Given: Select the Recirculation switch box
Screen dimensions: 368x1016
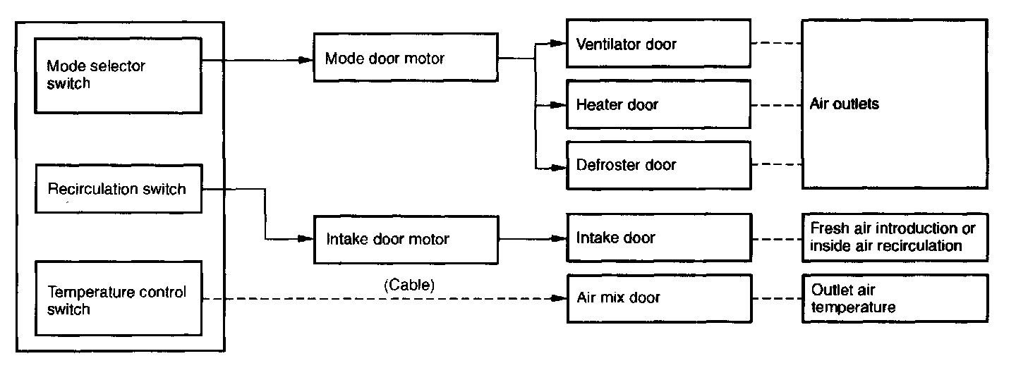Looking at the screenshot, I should (x=119, y=189).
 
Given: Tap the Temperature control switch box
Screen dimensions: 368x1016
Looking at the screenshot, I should (x=119, y=299).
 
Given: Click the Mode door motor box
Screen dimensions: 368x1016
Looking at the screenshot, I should (x=406, y=59).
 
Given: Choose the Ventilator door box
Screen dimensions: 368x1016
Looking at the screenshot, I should (x=658, y=44).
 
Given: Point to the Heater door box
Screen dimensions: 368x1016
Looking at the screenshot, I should (x=658, y=105).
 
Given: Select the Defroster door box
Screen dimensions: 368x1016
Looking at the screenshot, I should (x=658, y=165).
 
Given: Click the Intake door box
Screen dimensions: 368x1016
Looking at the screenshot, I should (x=658, y=238).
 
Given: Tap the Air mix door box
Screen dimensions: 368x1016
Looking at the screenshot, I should (x=658, y=298).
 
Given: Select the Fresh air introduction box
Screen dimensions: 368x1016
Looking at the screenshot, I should (x=894, y=238).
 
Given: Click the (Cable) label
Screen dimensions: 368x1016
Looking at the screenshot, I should (x=409, y=285).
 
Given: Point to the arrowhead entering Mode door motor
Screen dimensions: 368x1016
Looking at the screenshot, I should (x=306, y=60).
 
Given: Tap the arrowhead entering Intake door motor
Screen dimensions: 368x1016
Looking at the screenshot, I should (x=306, y=239).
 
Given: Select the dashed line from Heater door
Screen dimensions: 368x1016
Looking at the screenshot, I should (x=776, y=105).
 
